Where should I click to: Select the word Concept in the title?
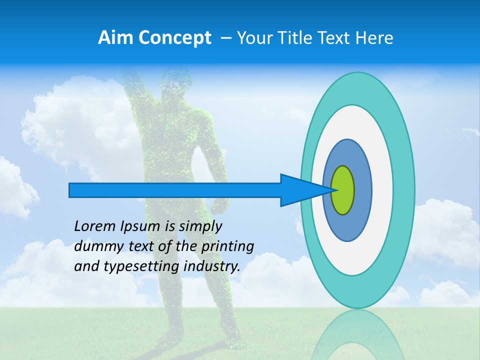point(175,38)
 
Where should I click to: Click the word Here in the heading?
point(374,38)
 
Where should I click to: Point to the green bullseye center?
point(342,190)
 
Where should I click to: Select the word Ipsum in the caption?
point(140,226)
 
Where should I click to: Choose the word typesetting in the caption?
point(134,267)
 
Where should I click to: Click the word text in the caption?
point(143,246)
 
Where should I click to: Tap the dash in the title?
point(226,38)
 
